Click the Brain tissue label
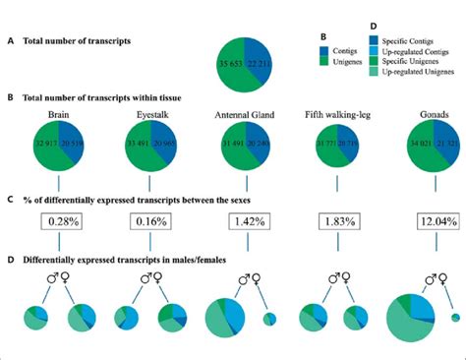click(x=58, y=114)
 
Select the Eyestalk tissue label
click(x=150, y=114)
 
